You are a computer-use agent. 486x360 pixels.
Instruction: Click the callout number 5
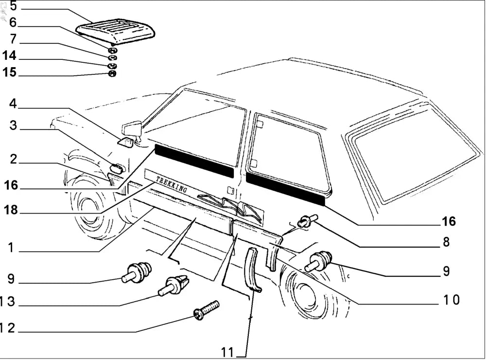click(13, 6)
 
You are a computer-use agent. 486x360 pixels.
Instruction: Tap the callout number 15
click(9, 72)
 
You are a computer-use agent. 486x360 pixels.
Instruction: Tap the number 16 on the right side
click(448, 221)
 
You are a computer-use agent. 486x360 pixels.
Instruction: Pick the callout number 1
click(10, 248)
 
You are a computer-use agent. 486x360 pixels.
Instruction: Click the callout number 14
click(9, 55)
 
